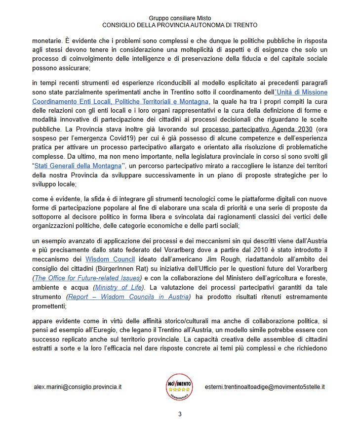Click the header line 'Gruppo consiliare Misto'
(x=180, y=18)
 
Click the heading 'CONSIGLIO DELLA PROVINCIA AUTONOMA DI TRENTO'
(x=180, y=25)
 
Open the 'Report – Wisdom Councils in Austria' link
(x=128, y=297)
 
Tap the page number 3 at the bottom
(x=180, y=414)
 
